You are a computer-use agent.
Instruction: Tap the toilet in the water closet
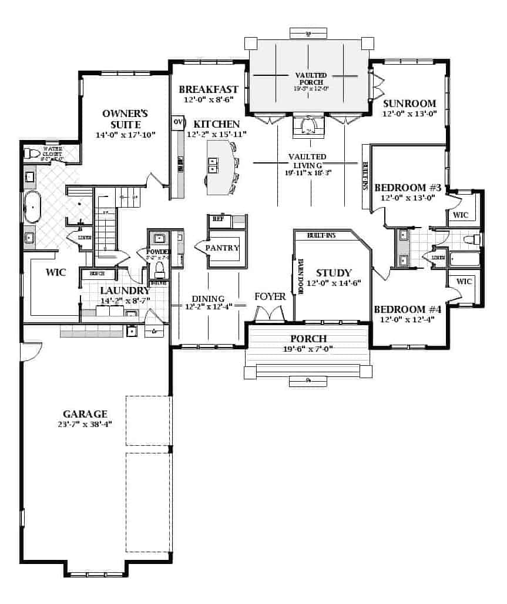[x=31, y=154]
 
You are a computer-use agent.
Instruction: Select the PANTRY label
[x=222, y=248]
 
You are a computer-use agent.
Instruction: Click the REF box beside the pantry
[x=218, y=219]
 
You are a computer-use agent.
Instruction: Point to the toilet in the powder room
[x=158, y=269]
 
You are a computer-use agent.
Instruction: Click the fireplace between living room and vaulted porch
[x=308, y=126]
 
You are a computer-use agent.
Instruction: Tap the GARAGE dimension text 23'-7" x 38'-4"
[x=85, y=424]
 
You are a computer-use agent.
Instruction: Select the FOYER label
[x=270, y=296]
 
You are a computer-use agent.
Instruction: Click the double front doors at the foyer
[x=269, y=316]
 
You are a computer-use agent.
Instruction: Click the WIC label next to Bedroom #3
[x=461, y=215]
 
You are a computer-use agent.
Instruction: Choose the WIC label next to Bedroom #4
[x=464, y=281]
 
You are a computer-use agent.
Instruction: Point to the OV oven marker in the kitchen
[x=177, y=122]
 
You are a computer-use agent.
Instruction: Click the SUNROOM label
[x=409, y=104]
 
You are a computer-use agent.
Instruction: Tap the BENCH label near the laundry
[x=98, y=274]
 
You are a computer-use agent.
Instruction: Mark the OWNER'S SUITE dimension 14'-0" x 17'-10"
[x=125, y=135]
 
